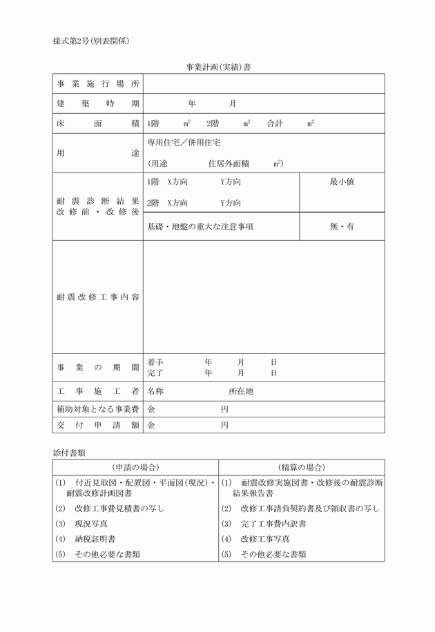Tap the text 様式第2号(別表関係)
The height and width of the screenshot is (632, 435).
(91, 41)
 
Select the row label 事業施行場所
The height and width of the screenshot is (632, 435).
(97, 83)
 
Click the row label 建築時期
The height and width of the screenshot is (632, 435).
(97, 103)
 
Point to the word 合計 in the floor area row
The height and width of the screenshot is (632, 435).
(275, 124)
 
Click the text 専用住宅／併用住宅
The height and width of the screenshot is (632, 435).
(184, 143)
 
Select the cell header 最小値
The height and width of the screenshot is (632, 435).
(342, 182)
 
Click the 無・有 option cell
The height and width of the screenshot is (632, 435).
(342, 226)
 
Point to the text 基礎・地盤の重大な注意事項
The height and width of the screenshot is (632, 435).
(200, 226)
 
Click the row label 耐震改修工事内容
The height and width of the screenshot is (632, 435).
(97, 297)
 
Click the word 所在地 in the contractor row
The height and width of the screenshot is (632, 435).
(241, 391)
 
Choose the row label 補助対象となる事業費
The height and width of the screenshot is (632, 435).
(97, 408)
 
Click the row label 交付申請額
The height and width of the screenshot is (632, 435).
(97, 425)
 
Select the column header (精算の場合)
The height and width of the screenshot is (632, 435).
(302, 467)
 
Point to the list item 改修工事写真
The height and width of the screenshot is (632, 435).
(265, 538)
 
